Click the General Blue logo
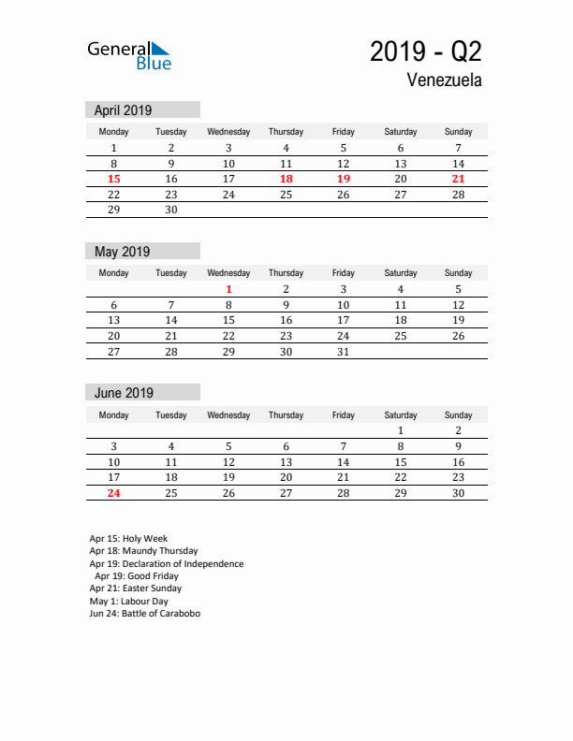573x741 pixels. (129, 54)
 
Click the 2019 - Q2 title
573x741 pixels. (426, 51)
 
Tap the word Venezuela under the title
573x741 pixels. (445, 80)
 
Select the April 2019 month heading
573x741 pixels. (123, 109)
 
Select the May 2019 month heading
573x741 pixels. (122, 252)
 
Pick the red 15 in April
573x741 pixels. (114, 179)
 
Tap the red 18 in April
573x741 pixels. (286, 179)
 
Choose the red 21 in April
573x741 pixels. (458, 179)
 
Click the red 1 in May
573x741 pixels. (228, 289)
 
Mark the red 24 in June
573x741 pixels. (114, 493)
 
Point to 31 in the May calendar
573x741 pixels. (343, 352)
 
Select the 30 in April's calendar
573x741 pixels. (171, 211)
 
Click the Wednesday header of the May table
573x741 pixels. (228, 273)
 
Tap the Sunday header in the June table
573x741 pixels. (458, 414)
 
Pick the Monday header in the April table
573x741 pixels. (114, 132)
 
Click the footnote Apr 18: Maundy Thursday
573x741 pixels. (143, 552)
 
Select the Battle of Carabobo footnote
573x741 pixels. (144, 614)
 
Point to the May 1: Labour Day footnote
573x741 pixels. (129, 602)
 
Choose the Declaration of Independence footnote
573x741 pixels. (167, 564)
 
